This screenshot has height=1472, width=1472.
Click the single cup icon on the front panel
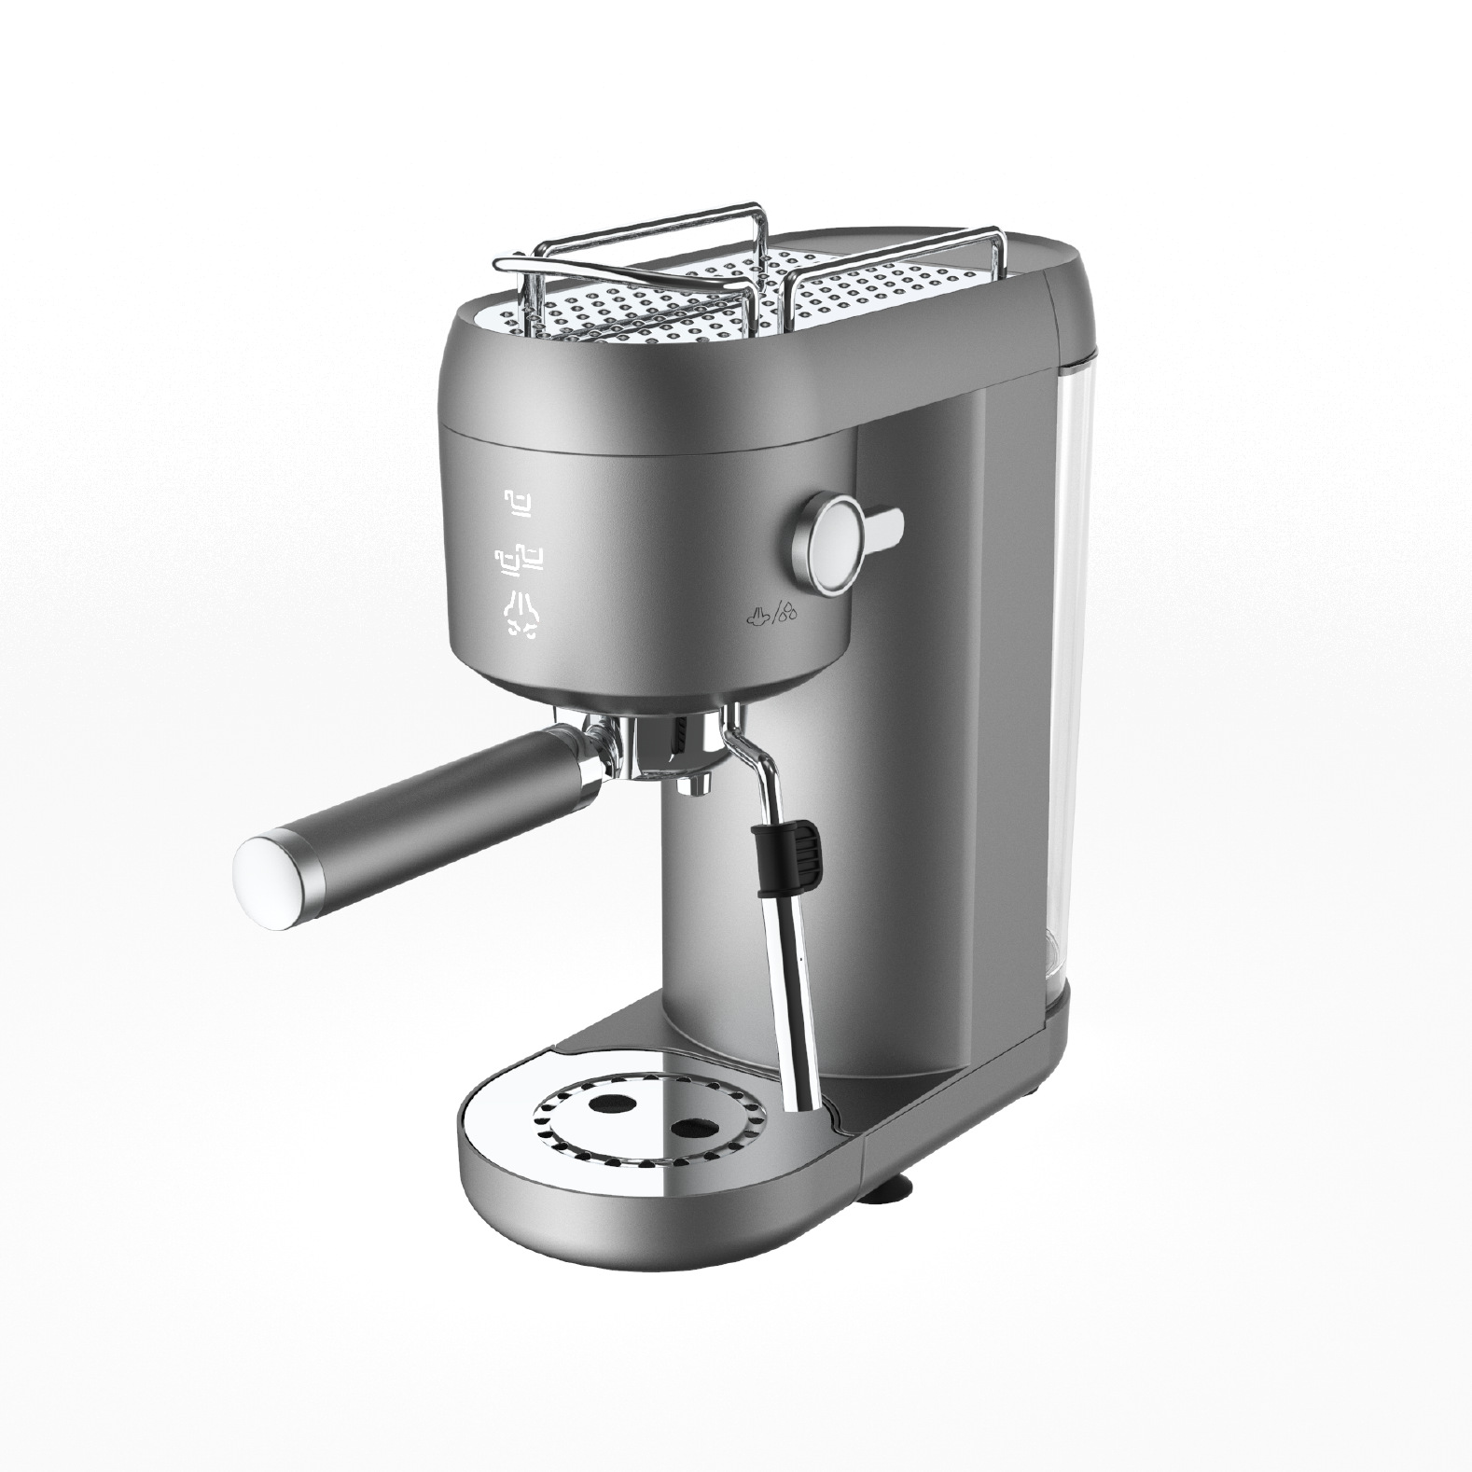[520, 503]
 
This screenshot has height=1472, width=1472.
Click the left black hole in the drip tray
[608, 1102]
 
